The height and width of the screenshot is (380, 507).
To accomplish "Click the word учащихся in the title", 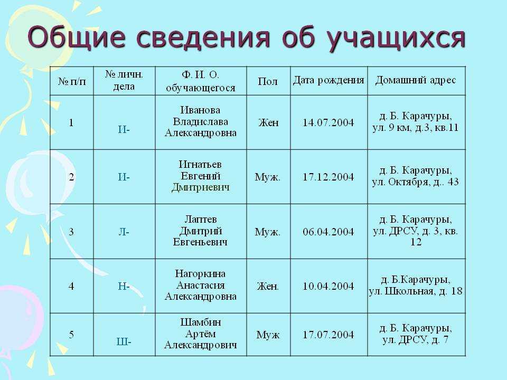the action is click(x=396, y=39).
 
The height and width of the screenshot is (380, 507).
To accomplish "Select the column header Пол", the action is click(x=268, y=81).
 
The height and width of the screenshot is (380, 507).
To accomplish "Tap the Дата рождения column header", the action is click(x=328, y=80).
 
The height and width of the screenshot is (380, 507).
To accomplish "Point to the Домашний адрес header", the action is click(x=416, y=80).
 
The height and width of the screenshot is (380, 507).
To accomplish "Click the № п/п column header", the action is click(x=72, y=81).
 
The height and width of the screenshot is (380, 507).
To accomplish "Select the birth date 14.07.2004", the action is click(x=328, y=123).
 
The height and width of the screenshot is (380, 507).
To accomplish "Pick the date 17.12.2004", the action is click(x=328, y=177).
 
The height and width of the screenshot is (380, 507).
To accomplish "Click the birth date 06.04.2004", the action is click(x=328, y=232).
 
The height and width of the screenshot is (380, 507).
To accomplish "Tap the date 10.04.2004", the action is click(x=328, y=286).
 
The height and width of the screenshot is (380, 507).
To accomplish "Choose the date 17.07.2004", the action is click(x=328, y=335).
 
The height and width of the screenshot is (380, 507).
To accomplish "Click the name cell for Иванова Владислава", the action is click(x=201, y=121).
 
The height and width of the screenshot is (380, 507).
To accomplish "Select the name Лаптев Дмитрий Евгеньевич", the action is click(x=201, y=231).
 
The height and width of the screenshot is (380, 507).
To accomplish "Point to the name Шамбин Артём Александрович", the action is click(x=201, y=334).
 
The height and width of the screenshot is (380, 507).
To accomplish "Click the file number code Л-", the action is click(x=124, y=232).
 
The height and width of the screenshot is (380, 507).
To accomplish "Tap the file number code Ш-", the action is click(x=124, y=341).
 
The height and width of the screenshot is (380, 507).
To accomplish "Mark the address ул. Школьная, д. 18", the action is click(x=416, y=291).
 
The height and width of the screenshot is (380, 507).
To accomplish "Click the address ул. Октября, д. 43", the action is click(x=416, y=182).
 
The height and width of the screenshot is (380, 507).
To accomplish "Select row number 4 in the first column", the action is click(x=71, y=286).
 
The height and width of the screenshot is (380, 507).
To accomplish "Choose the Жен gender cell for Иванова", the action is click(x=268, y=123).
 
